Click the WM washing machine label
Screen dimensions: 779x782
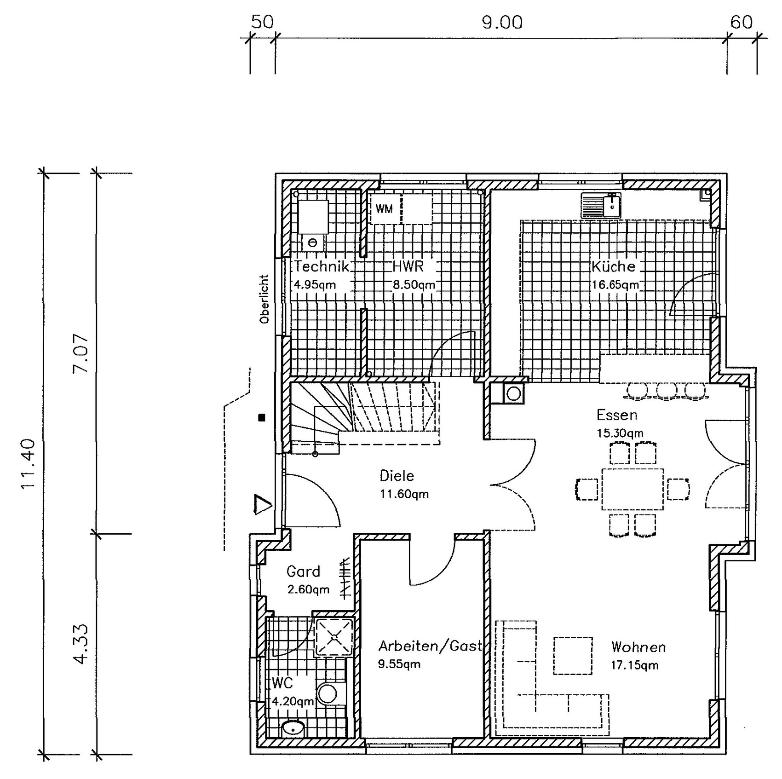pos(384,209)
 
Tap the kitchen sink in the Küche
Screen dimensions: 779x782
pos(601,205)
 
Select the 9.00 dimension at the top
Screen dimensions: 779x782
pos(502,23)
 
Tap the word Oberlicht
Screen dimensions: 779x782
pos(264,299)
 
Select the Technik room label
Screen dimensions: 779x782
pos(322,266)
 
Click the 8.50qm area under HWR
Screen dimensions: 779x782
pos(414,285)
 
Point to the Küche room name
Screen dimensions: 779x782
pos(613,266)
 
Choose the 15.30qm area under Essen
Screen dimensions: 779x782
pos(620,433)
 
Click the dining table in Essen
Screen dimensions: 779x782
pos(632,489)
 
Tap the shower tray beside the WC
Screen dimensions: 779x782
pos(334,637)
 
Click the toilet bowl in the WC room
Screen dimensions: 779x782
pos(327,693)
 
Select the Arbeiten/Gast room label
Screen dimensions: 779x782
pos(430,646)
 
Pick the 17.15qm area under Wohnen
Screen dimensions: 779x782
pos(634,665)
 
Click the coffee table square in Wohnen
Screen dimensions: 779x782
pos(573,656)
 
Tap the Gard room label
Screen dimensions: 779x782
pos(303,572)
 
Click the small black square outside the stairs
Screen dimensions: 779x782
pos(262,418)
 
